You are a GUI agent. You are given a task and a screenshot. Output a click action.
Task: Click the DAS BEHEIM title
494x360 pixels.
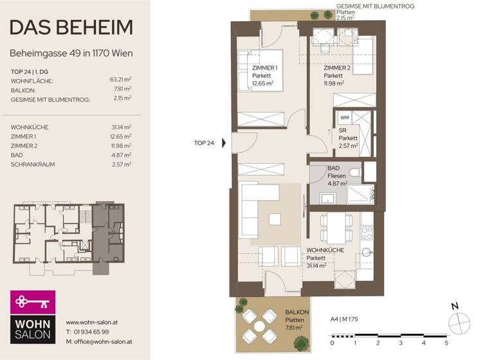(x=71, y=27)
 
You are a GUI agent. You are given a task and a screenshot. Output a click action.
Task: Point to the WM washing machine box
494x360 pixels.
(x=344, y=118)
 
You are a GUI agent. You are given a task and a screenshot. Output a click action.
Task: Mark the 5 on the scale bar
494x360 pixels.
(x=446, y=343)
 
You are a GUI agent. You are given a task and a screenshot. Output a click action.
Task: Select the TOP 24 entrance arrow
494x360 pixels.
(x=224, y=143)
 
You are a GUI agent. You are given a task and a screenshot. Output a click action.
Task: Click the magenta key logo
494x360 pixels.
(x=32, y=301)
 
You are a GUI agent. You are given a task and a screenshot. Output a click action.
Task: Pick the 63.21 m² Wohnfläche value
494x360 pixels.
(x=120, y=80)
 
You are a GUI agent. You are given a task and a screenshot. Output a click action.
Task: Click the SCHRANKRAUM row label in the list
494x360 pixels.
(x=33, y=165)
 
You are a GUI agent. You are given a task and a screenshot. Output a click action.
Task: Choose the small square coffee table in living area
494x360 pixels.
(x=275, y=220)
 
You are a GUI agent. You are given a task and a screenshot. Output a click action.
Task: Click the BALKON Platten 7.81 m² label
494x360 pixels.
(x=297, y=319)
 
